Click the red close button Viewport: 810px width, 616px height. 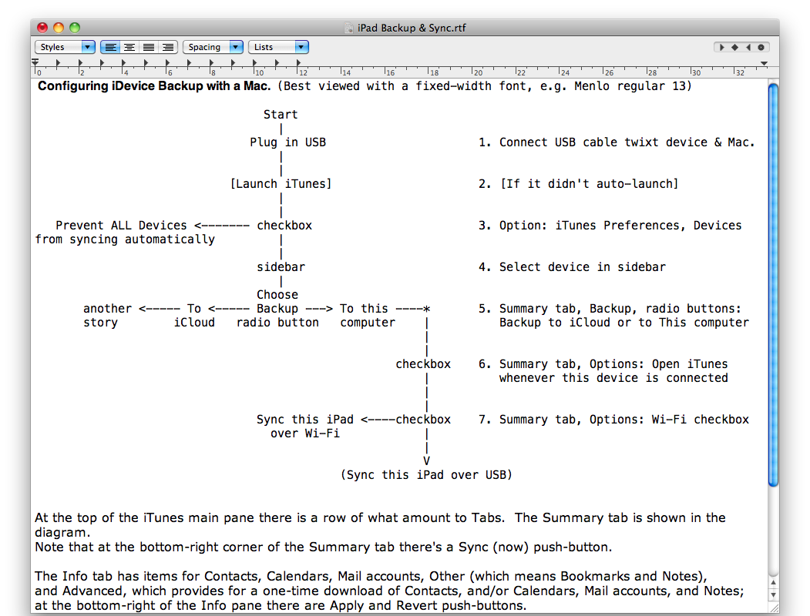(x=42, y=28)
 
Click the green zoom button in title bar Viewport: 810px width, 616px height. (x=75, y=28)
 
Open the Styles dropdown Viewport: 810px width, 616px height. (x=65, y=47)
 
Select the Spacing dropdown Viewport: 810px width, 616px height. (x=213, y=47)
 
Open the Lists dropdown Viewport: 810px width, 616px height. (x=278, y=47)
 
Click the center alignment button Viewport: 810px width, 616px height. (x=129, y=47)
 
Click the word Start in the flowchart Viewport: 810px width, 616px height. (x=281, y=115)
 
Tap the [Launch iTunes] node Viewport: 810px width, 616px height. (x=281, y=184)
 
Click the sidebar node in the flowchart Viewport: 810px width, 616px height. (x=281, y=267)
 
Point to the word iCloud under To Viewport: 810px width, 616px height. (x=194, y=323)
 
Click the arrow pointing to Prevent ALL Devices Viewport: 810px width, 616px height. (x=222, y=226)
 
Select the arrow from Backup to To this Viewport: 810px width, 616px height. (x=319, y=309)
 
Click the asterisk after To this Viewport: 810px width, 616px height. (x=427, y=309)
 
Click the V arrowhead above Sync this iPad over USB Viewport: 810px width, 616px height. (x=427, y=460)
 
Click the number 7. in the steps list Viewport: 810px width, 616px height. (x=485, y=420)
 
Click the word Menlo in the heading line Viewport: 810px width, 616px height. (x=591, y=86)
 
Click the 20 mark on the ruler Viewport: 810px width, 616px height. (x=478, y=72)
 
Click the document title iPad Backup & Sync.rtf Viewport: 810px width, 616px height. (x=412, y=28)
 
